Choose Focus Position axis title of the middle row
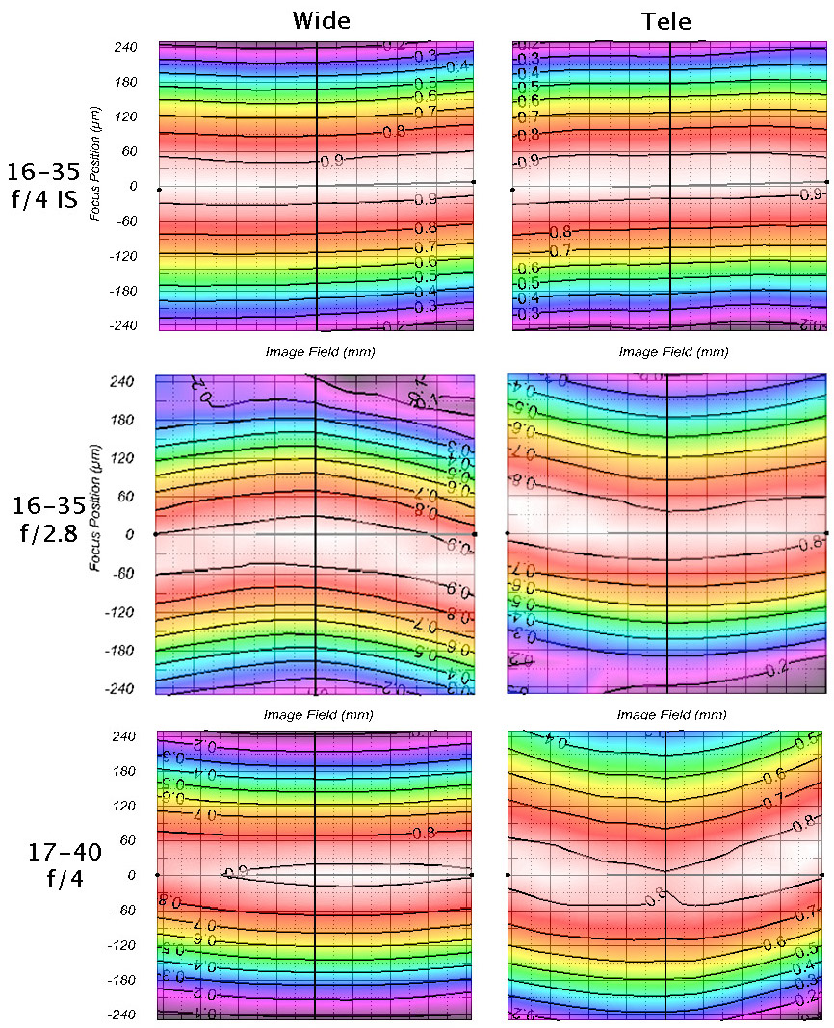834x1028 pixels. [96, 526]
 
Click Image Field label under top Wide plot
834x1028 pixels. [321, 351]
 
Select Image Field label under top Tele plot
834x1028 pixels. [671, 351]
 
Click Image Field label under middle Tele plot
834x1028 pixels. [671, 715]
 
